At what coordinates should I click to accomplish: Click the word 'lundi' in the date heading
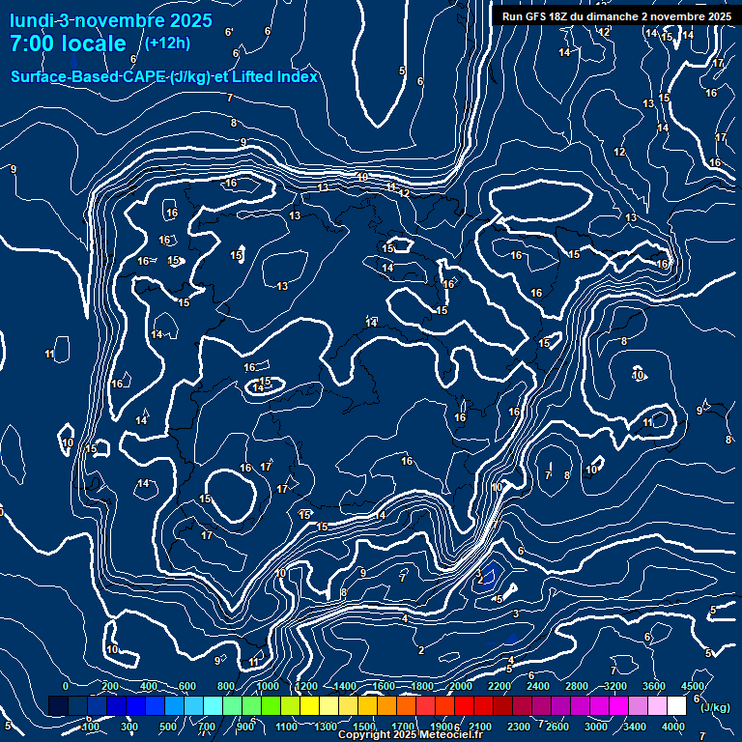pos(31,19)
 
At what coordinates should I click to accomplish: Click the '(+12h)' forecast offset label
pos(167,43)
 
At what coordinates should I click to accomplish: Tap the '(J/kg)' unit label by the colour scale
pos(714,707)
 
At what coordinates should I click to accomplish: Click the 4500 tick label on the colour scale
pos(692,686)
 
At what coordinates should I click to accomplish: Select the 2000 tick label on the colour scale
pos(461,686)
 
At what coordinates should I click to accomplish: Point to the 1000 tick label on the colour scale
pos(268,686)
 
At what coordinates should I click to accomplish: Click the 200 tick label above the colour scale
pos(110,686)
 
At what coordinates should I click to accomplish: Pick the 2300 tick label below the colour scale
pos(519,727)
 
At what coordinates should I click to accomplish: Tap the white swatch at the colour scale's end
pos(676,706)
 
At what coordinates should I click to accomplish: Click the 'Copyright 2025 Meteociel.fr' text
pos(411,735)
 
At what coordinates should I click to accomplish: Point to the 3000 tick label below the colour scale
pos(596,727)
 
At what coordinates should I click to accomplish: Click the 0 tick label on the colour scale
pos(66,686)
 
